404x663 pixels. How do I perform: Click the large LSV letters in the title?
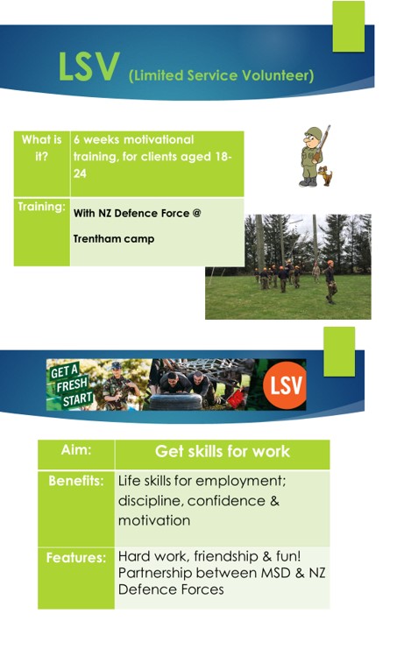(89, 69)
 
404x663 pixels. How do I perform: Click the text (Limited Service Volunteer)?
(221, 76)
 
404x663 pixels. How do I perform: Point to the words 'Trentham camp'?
(113, 238)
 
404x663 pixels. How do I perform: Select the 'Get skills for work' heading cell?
(222, 453)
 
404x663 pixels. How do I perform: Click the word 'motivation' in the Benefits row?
(153, 520)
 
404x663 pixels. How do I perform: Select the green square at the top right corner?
(348, 26)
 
